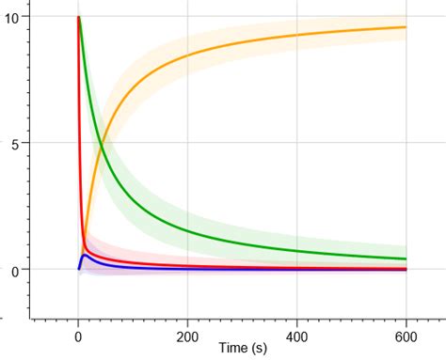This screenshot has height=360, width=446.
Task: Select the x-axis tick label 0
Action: pyautogui.click(x=78, y=336)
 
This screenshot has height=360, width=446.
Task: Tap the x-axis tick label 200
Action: pyautogui.click(x=188, y=336)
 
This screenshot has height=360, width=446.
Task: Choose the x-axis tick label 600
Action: pyautogui.click(x=406, y=336)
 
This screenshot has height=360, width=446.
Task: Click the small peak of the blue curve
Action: pyautogui.click(x=85, y=255)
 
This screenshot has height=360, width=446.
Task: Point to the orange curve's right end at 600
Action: pyautogui.click(x=406, y=27)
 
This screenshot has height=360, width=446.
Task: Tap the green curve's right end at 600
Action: pyautogui.click(x=406, y=258)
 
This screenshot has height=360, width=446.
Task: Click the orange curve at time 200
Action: pyautogui.click(x=188, y=56)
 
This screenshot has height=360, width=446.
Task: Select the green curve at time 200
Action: pyautogui.click(x=188, y=230)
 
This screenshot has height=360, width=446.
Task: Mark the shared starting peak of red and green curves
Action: pyautogui.click(x=78, y=17)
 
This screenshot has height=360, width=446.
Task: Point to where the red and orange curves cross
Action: pyautogui.click(x=84, y=243)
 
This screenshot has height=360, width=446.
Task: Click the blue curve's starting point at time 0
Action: pyautogui.click(x=78, y=269)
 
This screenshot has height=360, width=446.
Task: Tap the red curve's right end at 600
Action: pyautogui.click(x=406, y=268)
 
